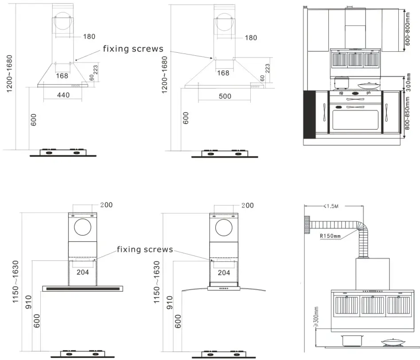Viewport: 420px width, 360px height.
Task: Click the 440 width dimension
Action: tap(63, 95)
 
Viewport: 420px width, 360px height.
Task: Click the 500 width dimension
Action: tap(225, 96)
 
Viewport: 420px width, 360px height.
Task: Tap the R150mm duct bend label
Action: tap(330, 236)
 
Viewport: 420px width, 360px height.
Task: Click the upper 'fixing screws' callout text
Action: tap(133, 49)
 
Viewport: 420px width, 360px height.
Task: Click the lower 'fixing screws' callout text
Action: tap(145, 250)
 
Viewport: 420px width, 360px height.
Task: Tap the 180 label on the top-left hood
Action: tap(89, 36)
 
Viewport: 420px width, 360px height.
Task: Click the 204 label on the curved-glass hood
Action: tap(224, 273)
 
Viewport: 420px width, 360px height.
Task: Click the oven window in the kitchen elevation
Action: tap(355, 119)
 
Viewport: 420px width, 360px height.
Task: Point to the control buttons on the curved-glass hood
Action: tap(224, 289)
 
